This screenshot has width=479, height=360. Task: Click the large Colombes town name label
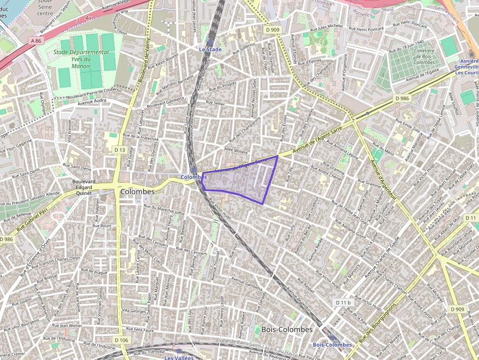(x=137, y=191)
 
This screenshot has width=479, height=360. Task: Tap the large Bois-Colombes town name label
(x=287, y=329)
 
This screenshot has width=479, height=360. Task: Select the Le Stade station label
(x=210, y=49)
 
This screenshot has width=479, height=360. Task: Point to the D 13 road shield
(x=119, y=149)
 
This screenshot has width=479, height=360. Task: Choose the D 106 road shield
(x=121, y=339)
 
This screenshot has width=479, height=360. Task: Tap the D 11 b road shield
(x=344, y=303)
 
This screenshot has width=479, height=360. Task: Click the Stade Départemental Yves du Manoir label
(x=81, y=59)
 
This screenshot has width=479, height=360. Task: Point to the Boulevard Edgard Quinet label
(x=83, y=187)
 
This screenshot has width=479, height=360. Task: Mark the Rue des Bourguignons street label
(x=377, y=324)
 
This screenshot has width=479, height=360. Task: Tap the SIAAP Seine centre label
(x=45, y=8)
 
